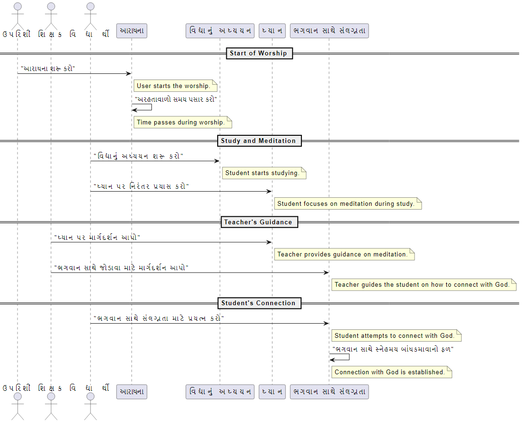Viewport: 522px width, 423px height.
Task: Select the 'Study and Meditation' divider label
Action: (258, 141)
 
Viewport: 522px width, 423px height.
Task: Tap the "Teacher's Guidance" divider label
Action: (258, 222)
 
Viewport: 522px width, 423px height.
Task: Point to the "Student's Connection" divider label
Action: (258, 303)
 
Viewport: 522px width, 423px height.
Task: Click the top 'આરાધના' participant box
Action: (132, 31)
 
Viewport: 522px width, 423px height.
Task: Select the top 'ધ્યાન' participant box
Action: (272, 31)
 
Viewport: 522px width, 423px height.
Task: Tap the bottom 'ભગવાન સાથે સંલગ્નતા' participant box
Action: (329, 392)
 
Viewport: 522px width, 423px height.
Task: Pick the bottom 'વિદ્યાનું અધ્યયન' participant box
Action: (220, 392)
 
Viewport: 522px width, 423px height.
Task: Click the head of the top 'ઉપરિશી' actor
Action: (18, 7)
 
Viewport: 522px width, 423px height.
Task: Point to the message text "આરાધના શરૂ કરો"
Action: (48, 68)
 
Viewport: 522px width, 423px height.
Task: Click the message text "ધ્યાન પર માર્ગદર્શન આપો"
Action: (97, 237)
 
